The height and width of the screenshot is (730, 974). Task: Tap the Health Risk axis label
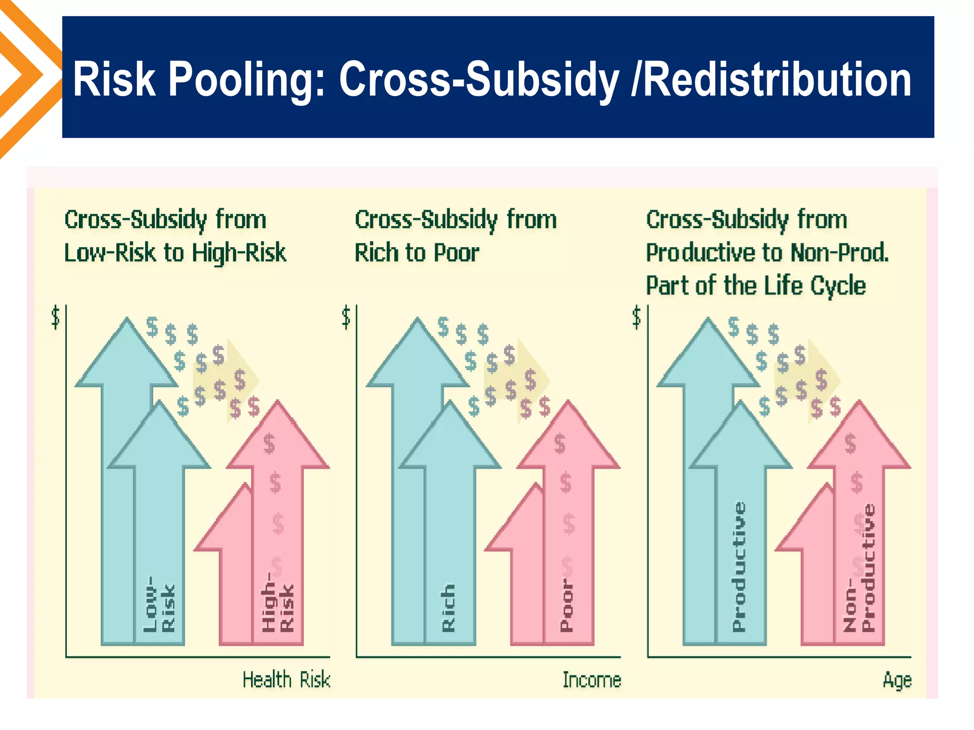286,680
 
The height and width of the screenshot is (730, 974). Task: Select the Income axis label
592,680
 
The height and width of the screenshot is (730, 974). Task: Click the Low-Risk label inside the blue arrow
159,605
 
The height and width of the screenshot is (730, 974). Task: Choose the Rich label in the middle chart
448,608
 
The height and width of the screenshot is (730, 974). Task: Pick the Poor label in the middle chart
566,605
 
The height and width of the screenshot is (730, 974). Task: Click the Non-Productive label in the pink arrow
859,568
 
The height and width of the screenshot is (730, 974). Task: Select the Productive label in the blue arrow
739,567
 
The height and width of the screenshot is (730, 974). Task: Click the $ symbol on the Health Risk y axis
56,317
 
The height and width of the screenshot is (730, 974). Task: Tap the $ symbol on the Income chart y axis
346,317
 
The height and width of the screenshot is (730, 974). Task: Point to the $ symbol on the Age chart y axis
637,317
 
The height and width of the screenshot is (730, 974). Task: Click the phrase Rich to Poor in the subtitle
417,252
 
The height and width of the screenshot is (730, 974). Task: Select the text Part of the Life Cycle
756,286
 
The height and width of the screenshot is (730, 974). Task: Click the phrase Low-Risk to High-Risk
175,252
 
